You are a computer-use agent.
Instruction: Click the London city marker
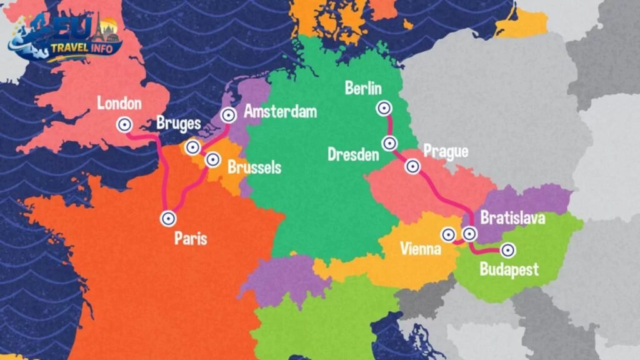124,124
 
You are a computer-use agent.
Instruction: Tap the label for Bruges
179,122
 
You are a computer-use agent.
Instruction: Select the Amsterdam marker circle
229,114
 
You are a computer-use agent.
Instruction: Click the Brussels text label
254,167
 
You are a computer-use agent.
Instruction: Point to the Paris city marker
167,218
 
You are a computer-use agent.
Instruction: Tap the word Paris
191,239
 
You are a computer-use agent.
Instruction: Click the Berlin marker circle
383,108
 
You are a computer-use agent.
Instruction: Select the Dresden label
353,154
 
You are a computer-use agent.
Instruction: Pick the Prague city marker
412,166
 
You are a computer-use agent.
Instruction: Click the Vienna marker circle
448,234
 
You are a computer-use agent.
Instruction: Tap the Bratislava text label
512,218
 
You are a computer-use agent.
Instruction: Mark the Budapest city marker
508,250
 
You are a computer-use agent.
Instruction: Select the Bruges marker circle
193,147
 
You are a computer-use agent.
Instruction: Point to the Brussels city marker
212,159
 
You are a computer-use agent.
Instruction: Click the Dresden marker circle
389,143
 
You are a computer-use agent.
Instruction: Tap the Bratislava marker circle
469,234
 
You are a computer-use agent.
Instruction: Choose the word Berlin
363,89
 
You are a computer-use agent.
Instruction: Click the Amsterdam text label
280,112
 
